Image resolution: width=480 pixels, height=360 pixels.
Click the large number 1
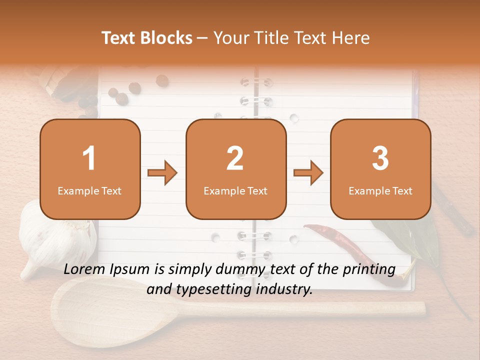[x=89, y=158]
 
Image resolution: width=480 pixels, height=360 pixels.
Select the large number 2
[x=235, y=158]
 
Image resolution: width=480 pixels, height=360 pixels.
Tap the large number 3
[x=380, y=158]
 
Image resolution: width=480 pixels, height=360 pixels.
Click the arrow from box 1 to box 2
[x=162, y=173]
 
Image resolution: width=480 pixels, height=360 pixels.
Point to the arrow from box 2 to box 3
[x=308, y=173]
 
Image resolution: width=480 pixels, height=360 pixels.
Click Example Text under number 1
[x=89, y=191]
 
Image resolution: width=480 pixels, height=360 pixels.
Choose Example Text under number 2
[x=235, y=191]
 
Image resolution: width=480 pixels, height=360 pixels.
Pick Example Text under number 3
[x=380, y=191]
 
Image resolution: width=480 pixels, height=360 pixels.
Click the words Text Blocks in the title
[x=147, y=38]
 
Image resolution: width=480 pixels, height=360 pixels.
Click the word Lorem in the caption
[x=84, y=269]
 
